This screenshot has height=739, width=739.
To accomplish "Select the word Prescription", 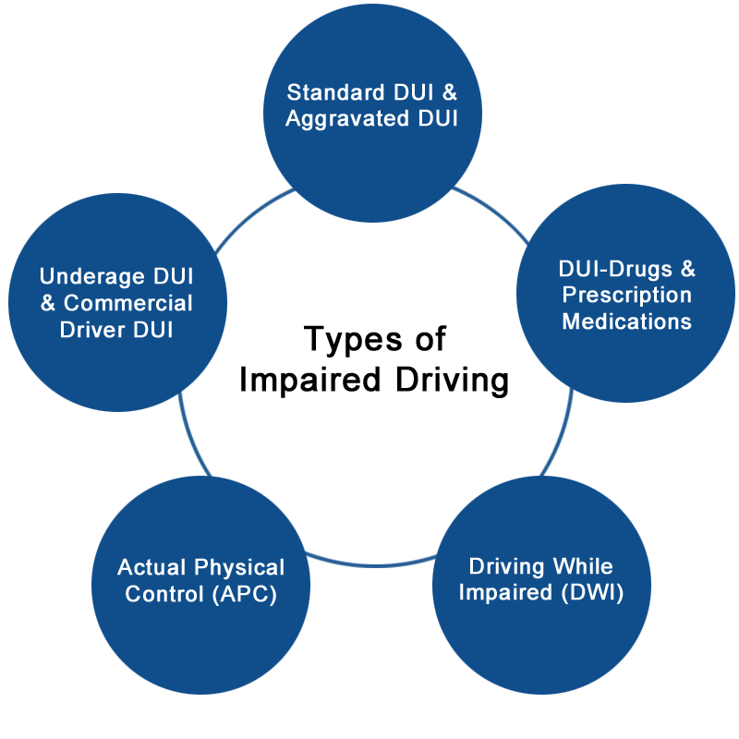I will coord(627,296).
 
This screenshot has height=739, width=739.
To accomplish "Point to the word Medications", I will coord(627,321).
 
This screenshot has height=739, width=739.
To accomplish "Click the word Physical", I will coord(241,567).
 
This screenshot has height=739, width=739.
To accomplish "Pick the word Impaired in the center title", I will coord(313,381).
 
